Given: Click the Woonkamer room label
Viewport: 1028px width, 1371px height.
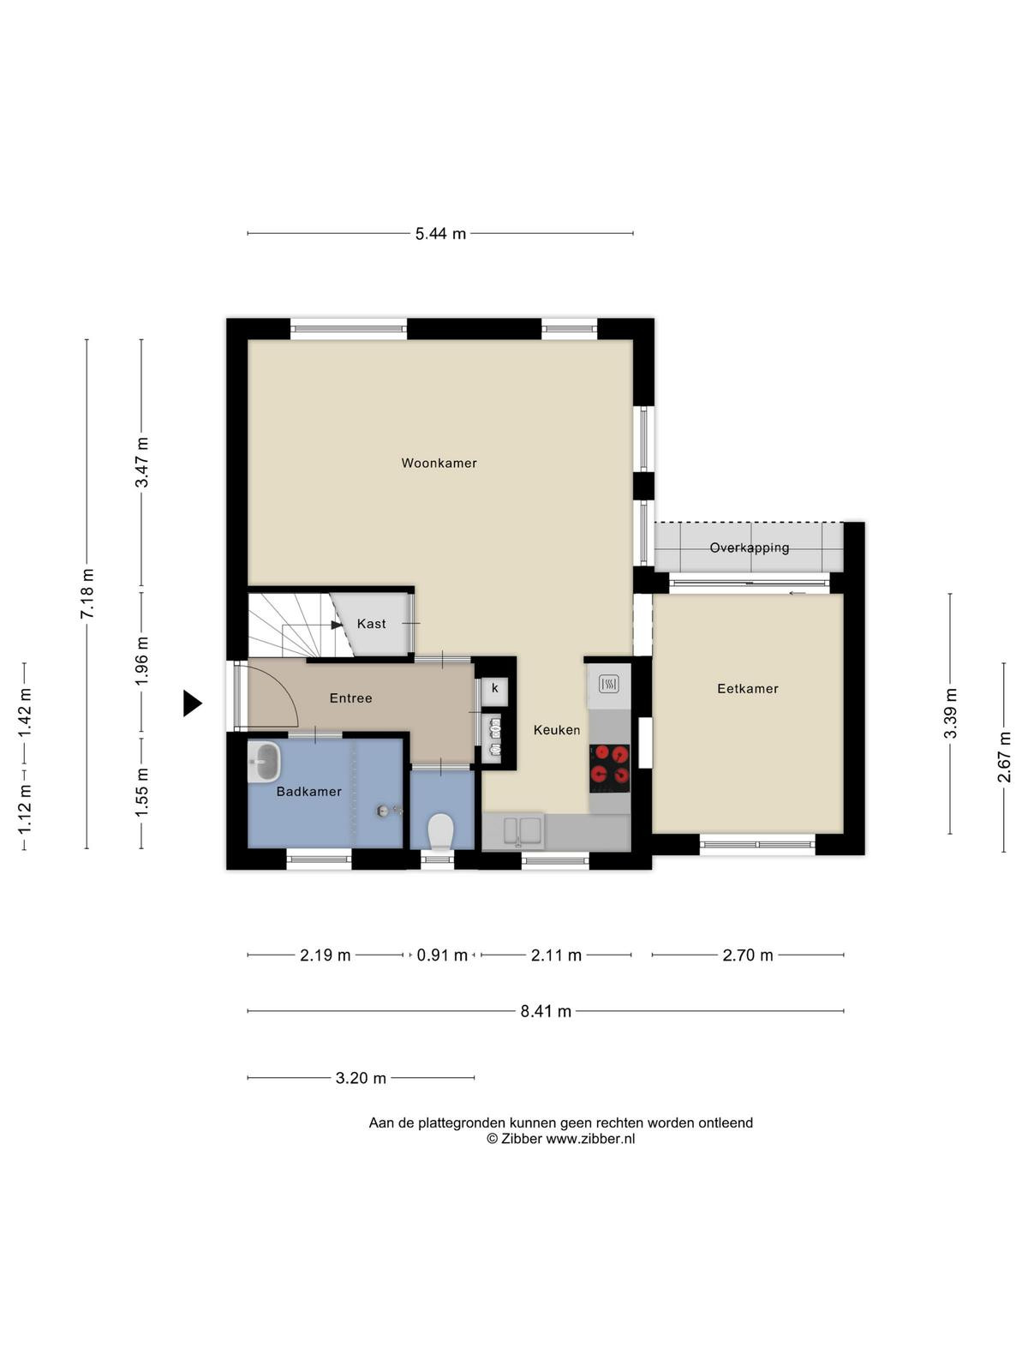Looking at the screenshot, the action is click(x=439, y=463).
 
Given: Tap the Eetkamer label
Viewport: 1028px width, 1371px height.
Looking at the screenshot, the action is click(x=747, y=688).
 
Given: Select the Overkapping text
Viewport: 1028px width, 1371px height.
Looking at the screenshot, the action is click(x=749, y=548).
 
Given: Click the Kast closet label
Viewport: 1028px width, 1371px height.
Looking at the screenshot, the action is click(x=372, y=623).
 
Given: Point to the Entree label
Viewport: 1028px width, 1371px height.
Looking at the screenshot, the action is click(x=350, y=698).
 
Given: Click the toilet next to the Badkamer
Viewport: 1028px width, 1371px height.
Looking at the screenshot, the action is click(x=440, y=831).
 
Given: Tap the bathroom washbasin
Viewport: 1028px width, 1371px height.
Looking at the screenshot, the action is click(x=264, y=762).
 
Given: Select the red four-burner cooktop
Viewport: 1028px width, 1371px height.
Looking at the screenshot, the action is click(x=609, y=769).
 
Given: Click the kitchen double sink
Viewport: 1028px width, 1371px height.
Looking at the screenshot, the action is click(x=523, y=830).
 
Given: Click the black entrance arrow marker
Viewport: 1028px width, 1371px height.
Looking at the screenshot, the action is click(x=192, y=703).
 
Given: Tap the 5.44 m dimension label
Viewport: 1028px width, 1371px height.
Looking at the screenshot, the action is click(x=440, y=234).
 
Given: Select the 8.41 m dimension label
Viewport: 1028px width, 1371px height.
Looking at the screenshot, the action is click(x=546, y=1010).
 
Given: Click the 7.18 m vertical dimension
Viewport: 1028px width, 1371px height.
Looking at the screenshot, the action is click(x=87, y=593).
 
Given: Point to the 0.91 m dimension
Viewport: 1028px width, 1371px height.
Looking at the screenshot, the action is click(x=442, y=955).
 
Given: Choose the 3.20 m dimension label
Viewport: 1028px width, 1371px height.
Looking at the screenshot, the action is click(x=361, y=1077).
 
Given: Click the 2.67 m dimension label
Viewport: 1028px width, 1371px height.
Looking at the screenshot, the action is click(x=1004, y=757).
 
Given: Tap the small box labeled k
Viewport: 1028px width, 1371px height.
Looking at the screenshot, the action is click(x=495, y=688).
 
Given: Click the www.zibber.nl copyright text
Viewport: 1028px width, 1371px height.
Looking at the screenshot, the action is click(x=560, y=1138).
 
